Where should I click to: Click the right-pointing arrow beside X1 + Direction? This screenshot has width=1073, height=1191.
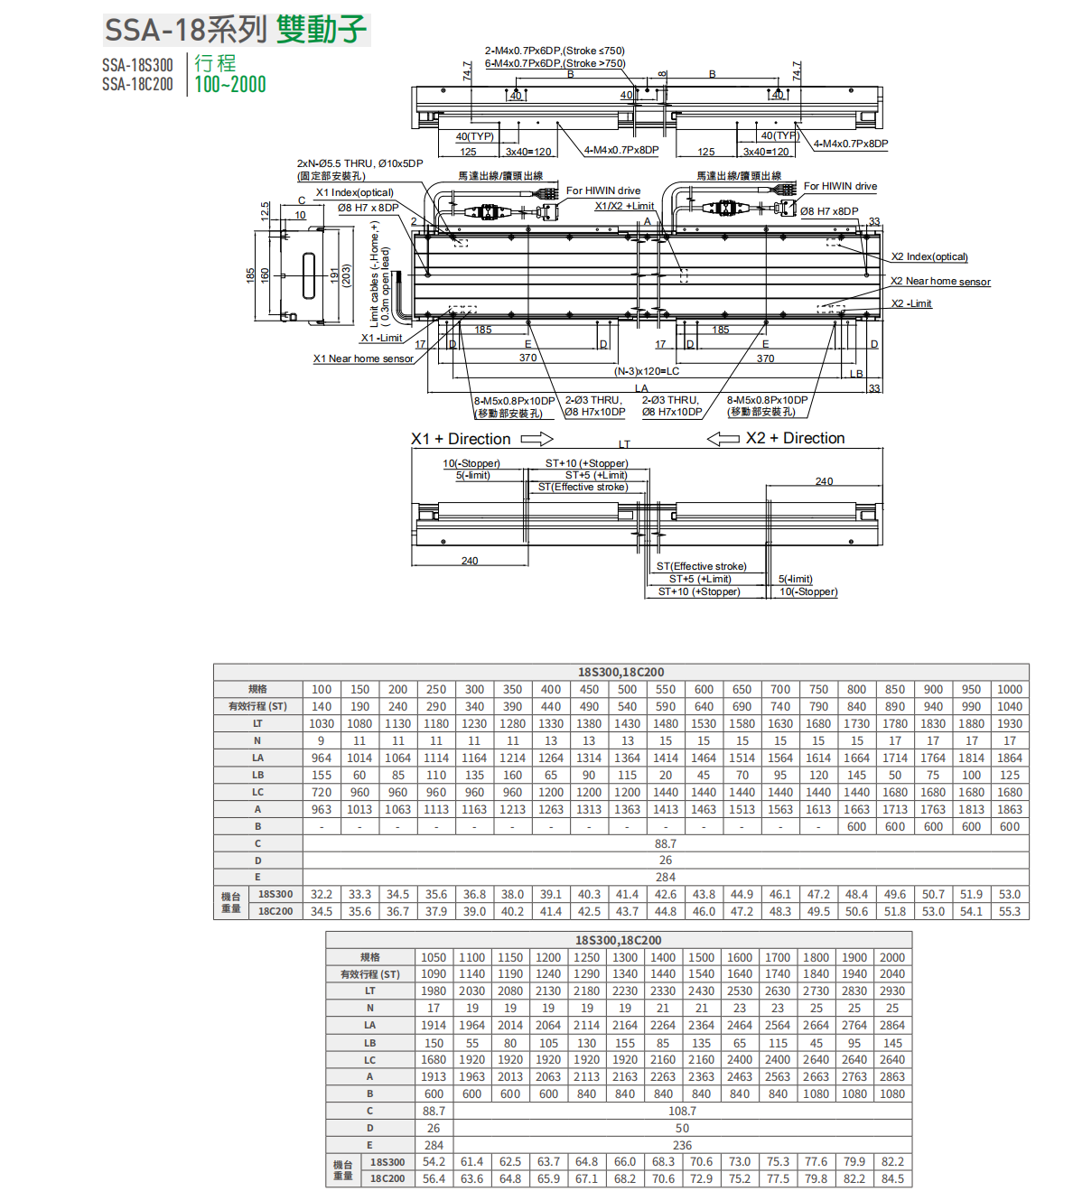coord(536,439)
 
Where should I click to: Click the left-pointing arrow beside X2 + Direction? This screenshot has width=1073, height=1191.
coord(723,439)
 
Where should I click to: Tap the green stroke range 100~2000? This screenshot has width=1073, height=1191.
coord(230,85)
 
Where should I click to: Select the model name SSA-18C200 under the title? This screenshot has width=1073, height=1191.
coord(137,84)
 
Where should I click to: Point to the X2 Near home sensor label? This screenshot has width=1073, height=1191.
coord(940,282)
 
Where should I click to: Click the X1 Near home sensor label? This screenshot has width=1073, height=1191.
coord(363,358)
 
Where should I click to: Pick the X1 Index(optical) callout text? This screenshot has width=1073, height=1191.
coord(354,192)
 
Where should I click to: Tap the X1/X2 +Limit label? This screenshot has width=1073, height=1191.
coord(624,206)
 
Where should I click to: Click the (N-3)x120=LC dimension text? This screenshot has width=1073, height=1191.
coord(647,371)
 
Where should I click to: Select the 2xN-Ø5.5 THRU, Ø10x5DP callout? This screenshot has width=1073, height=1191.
coord(359,163)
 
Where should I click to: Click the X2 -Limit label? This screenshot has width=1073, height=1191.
coord(911,303)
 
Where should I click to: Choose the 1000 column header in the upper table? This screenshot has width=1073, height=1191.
coord(1009,689)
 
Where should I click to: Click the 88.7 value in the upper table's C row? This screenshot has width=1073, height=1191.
coord(665,843)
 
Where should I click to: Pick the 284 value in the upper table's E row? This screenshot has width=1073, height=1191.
coord(665,877)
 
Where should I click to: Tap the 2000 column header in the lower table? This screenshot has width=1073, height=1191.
coord(891,957)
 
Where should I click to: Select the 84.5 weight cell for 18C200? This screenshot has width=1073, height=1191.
coord(891,1178)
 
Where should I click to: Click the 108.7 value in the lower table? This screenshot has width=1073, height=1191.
coord(682,1111)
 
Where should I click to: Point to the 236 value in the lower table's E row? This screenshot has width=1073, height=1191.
coord(682,1145)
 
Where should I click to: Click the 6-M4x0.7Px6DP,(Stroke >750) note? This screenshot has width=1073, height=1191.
coord(555,63)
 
